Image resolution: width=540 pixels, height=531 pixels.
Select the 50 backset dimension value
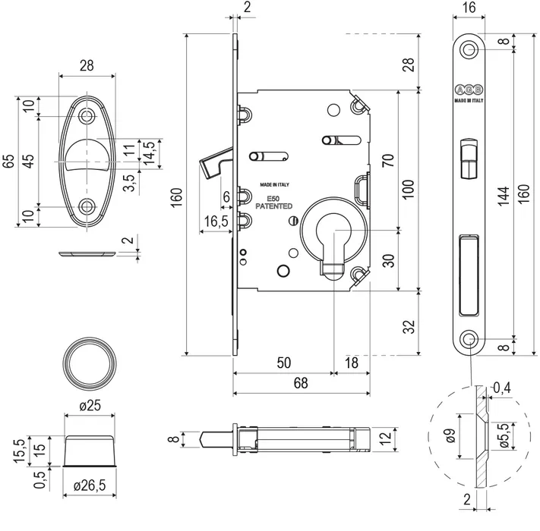(x=284, y=363)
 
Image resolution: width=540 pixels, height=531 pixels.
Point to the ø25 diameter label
(x=91, y=405)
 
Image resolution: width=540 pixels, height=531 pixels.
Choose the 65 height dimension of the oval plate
(x=8, y=162)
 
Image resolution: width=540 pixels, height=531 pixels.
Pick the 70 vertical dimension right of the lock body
(x=408, y=161)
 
